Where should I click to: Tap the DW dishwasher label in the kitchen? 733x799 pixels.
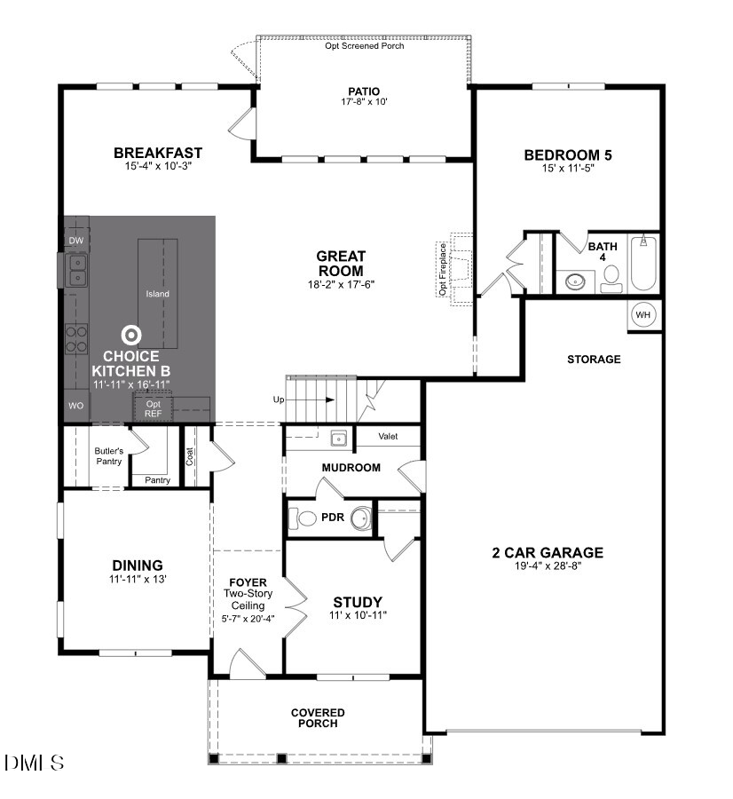(x=76, y=241)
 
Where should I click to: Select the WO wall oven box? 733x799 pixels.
(x=76, y=406)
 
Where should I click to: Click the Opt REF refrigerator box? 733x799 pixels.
(x=154, y=409)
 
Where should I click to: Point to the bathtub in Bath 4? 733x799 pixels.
(x=643, y=264)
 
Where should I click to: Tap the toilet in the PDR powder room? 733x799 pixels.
(x=304, y=518)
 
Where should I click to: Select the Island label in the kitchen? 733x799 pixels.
(x=158, y=294)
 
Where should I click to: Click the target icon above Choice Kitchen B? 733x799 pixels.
(x=131, y=335)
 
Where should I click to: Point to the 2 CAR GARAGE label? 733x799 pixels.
(x=548, y=552)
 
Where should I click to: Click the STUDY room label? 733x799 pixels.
(x=358, y=601)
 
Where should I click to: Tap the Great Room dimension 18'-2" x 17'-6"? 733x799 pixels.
(x=341, y=285)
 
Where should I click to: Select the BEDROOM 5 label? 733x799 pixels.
(x=568, y=155)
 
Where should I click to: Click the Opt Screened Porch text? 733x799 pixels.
(x=364, y=45)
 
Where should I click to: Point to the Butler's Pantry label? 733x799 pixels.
(x=108, y=455)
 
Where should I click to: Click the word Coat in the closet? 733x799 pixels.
(x=190, y=455)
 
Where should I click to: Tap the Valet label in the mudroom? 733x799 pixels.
(x=388, y=437)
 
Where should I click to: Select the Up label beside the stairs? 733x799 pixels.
(x=279, y=400)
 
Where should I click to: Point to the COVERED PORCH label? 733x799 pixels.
(x=318, y=717)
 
